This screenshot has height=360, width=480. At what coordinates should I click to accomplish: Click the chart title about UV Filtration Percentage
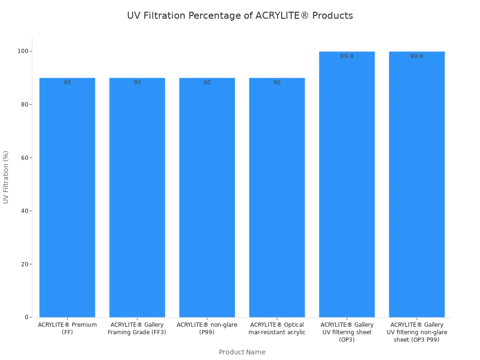[240, 15]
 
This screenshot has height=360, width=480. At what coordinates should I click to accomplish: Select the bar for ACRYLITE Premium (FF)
[67, 197]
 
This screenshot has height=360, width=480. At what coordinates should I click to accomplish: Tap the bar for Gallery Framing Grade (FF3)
[137, 197]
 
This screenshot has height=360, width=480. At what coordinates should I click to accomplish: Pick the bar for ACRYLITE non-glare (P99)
[207, 197]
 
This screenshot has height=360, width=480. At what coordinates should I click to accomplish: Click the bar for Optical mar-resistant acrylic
[277, 197]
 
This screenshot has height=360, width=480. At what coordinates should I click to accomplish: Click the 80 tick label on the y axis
[25, 104]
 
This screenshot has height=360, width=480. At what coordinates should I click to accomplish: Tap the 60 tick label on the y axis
[25, 157]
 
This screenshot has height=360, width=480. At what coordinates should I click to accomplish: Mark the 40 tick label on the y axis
[25, 211]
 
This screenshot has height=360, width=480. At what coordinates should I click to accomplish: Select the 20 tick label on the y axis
[25, 264]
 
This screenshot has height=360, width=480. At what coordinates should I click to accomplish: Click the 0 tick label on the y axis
[27, 317]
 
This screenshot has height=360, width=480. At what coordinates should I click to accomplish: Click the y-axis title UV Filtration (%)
[6, 177]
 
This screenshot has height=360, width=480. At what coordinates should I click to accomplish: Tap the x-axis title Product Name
[242, 352]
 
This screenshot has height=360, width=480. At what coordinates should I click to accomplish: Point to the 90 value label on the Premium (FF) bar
[67, 82]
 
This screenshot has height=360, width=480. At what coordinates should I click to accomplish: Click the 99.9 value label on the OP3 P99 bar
[417, 56]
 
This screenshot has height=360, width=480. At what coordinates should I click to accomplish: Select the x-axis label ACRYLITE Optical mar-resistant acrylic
[277, 329]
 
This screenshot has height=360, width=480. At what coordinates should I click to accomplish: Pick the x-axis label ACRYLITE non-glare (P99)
[207, 329]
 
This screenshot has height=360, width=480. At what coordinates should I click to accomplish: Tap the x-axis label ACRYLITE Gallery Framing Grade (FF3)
[137, 329]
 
